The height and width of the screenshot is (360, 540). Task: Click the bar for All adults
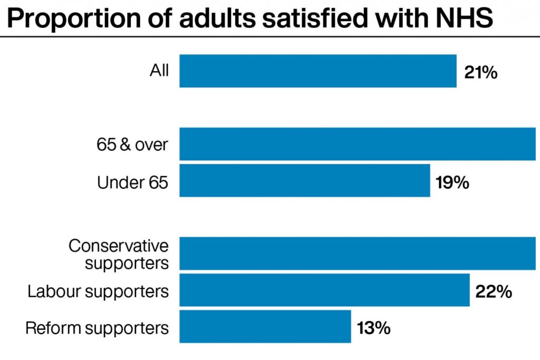coord(318,71)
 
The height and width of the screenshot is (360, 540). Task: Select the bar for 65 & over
coord(358,144)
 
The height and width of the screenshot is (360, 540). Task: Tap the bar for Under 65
coord(305,180)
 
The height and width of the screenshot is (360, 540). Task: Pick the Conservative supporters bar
coord(358,254)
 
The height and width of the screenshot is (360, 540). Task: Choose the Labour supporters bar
coord(324,290)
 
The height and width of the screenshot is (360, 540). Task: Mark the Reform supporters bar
coord(265,326)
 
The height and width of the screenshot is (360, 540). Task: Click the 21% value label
coord(480,72)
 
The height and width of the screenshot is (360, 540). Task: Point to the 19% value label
coord(452,182)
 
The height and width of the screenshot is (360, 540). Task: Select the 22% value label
coord(493,291)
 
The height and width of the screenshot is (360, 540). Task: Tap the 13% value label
coord(373,328)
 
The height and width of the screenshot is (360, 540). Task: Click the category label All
coord(159,71)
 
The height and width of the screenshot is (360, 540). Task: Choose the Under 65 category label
coord(132,182)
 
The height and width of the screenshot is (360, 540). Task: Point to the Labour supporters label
coord(98,291)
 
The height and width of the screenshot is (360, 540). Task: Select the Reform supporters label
coord(97,328)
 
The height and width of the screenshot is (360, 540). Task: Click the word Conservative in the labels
coord(119,246)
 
